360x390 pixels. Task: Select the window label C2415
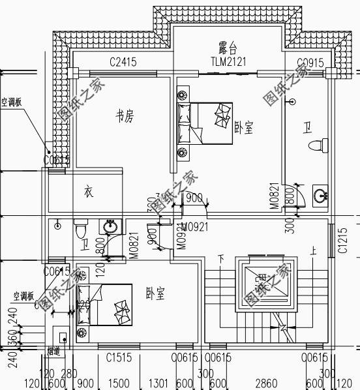pyautogui.click(x=123, y=63)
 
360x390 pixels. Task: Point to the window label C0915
pyautogui.click(x=310, y=63)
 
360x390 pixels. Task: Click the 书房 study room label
pyautogui.click(x=125, y=117)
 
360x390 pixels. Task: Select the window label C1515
pyautogui.click(x=119, y=357)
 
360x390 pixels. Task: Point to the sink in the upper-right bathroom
pyautogui.click(x=320, y=195)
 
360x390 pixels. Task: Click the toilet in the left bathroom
pyautogui.click(x=81, y=230)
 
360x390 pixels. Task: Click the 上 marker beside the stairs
pyautogui.click(x=314, y=249)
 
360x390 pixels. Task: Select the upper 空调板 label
pyautogui.click(x=12, y=102)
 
